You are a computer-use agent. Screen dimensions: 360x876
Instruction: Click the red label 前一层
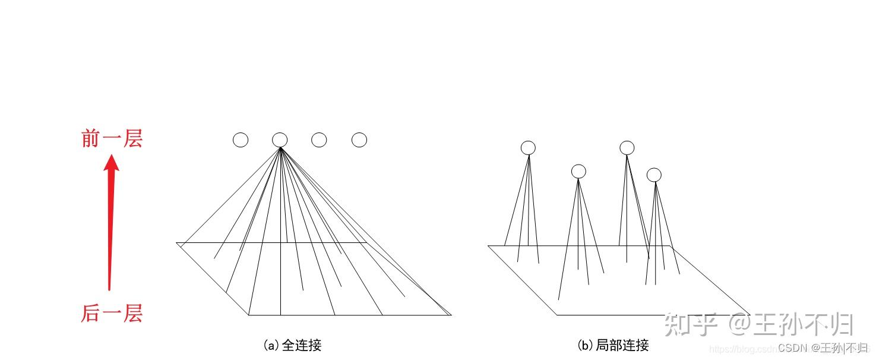pos(112,139)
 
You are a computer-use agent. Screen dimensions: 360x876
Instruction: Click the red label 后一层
pos(112,313)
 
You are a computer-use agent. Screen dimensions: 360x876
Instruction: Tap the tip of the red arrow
pos(111,156)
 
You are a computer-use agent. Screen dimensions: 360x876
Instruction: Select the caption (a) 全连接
pos(292,345)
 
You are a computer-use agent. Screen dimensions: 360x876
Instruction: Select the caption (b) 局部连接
pos(613,345)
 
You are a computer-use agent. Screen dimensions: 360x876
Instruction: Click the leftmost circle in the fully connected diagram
pos(241,140)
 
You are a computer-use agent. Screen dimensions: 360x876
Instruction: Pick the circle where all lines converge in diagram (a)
pos(280,140)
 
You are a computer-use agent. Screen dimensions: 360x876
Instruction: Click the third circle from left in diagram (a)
pos(319,140)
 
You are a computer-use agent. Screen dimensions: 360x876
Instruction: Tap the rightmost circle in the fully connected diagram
pos(359,140)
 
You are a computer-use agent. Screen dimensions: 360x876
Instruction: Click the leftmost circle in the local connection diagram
pos(528,148)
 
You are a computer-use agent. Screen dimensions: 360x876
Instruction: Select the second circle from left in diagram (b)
pos(578,172)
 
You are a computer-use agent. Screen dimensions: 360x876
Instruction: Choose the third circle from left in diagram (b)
pos(627,148)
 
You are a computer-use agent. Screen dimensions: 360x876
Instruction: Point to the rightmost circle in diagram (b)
pos(654,175)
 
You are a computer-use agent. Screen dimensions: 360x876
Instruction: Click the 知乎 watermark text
pos(691,324)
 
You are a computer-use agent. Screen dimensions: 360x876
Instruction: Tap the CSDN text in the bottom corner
pos(793,348)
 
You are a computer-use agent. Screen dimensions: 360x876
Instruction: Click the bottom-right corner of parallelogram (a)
pos(451,315)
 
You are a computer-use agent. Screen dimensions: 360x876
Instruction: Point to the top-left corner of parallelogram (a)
pos(177,243)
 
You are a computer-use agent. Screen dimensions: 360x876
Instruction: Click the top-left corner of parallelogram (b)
pos(488,245)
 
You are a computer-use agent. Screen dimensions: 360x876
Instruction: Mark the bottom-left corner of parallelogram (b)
pos(557,314)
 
